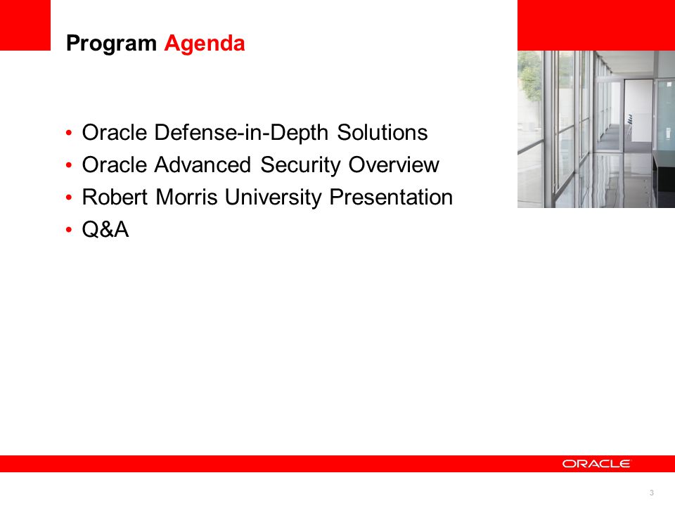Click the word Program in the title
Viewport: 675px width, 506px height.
click(x=111, y=44)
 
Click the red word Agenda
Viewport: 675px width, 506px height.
click(x=205, y=44)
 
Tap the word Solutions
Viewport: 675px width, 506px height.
click(x=382, y=132)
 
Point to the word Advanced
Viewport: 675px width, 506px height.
click(x=202, y=164)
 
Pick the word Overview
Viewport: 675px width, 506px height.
click(x=394, y=164)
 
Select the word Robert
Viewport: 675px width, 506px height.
click(x=115, y=197)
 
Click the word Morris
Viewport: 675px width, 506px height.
click(x=186, y=197)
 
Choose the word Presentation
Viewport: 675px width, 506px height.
click(x=391, y=197)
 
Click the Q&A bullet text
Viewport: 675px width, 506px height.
click(x=105, y=229)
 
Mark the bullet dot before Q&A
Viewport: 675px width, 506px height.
click(x=69, y=230)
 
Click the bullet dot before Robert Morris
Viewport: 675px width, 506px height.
click(x=69, y=197)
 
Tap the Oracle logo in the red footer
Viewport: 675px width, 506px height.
click(x=596, y=463)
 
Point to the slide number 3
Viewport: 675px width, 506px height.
click(x=651, y=493)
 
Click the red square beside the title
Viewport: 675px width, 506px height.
click(x=25, y=25)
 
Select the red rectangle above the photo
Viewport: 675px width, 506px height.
click(x=596, y=25)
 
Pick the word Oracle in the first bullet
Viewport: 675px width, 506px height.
click(x=115, y=133)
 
